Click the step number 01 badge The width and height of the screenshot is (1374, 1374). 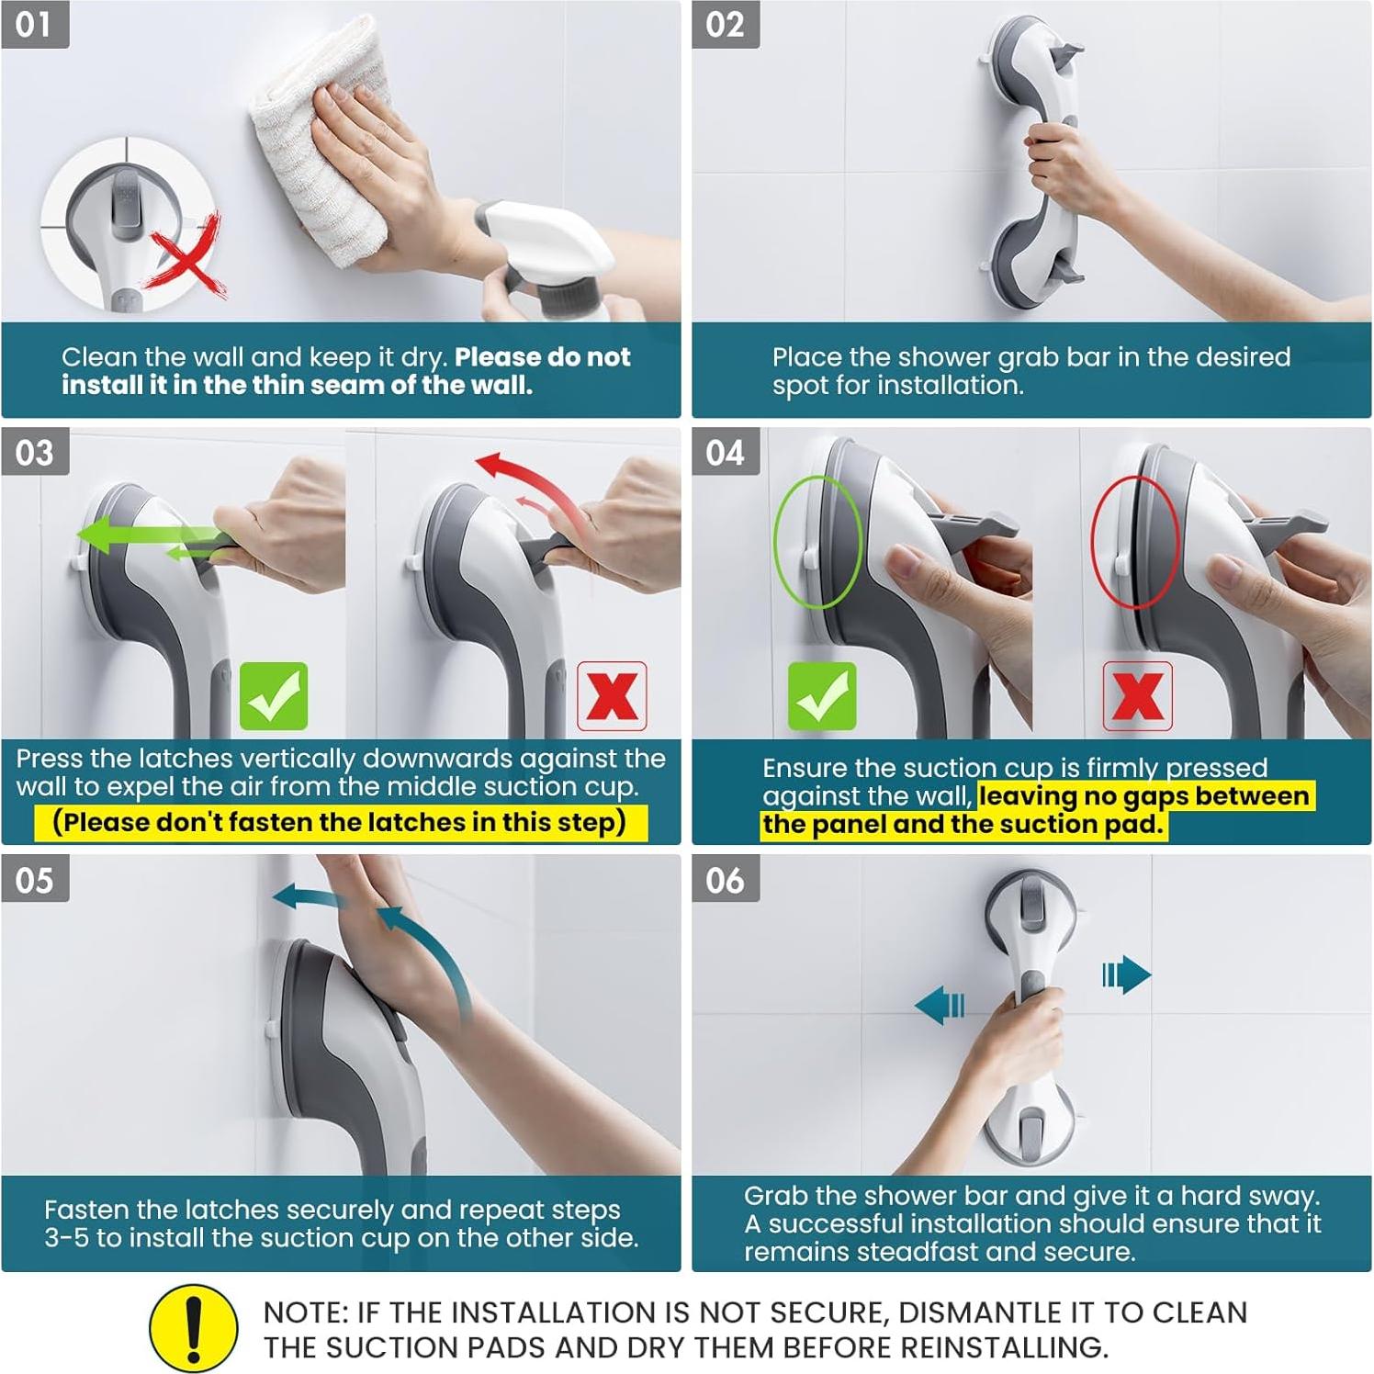[35, 25]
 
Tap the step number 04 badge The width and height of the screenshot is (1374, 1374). [726, 452]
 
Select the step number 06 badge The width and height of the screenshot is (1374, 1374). [726, 880]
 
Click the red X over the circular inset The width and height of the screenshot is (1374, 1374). [188, 257]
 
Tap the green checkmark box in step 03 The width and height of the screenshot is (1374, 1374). [274, 696]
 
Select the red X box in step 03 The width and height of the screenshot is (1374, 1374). [612, 696]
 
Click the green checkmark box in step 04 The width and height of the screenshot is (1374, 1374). [822, 696]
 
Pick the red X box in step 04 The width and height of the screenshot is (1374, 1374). [1137, 696]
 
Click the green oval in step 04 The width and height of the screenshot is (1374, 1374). [817, 542]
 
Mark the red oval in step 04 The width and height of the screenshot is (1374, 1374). [1134, 542]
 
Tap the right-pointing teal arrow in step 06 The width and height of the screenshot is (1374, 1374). [1127, 974]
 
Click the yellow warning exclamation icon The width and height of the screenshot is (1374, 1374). [193, 1327]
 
